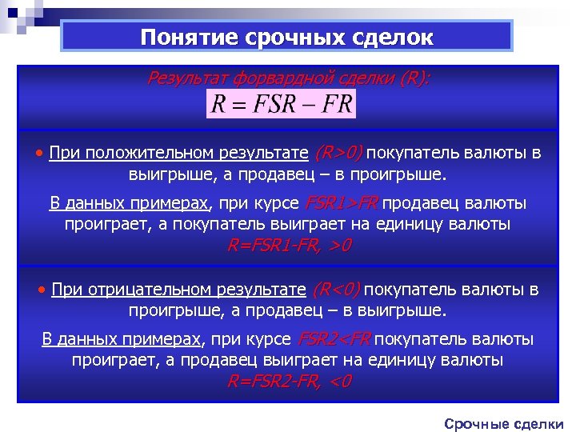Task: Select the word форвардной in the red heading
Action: pyautogui.click(x=282, y=78)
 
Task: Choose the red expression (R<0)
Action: pyautogui.click(x=336, y=289)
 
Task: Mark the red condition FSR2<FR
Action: pyautogui.click(x=336, y=339)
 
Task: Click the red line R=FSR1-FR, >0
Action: pyautogui.click(x=289, y=245)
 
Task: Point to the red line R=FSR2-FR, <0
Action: pyautogui.click(x=289, y=381)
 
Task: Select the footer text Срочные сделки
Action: pyautogui.click(x=504, y=423)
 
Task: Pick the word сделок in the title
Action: pyautogui.click(x=392, y=37)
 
